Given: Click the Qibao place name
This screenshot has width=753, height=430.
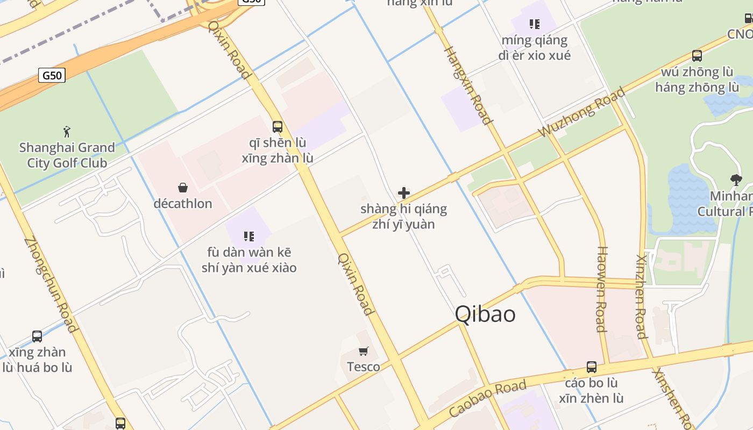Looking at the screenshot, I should [485, 314].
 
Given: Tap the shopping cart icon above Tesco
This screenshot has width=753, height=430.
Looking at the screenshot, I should [364, 352].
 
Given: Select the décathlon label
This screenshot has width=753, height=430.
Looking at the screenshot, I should [183, 204].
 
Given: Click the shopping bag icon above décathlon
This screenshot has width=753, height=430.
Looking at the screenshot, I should [183, 188].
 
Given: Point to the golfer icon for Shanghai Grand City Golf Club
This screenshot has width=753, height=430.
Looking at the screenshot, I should [67, 132].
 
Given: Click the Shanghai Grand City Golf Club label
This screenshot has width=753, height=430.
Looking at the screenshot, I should [67, 155].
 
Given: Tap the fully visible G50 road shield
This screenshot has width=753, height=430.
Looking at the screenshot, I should [52, 75].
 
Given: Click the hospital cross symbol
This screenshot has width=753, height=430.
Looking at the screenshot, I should [404, 193].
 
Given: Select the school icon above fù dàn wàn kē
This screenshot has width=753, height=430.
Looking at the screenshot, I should [248, 236].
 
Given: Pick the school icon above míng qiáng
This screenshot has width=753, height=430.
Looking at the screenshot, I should [534, 24].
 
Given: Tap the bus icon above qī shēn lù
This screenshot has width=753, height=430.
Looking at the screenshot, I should [278, 127].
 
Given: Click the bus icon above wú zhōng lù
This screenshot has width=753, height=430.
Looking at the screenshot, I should [697, 55].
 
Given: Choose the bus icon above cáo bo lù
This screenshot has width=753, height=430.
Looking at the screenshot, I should [592, 367].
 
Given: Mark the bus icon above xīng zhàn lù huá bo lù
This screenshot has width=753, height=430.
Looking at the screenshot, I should [37, 336].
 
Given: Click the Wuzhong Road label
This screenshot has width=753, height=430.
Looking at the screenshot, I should [582, 112].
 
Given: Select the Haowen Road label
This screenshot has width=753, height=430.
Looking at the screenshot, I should [602, 289].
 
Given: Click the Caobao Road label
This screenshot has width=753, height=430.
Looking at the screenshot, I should [487, 398].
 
